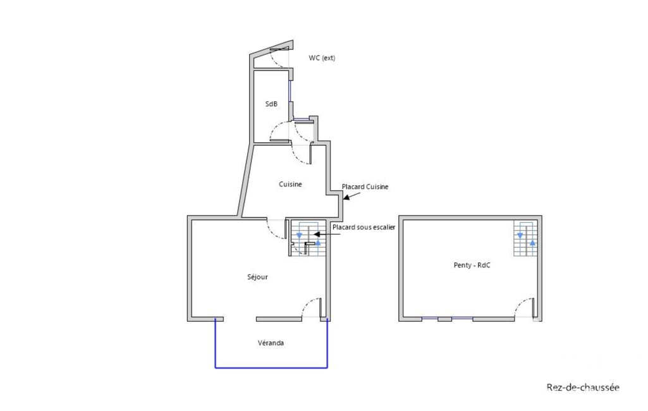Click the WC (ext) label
tap(322, 58)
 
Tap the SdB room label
tap(271, 104)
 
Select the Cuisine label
tap(290, 185)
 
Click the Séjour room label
tap(257, 277)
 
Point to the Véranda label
tap(271, 343)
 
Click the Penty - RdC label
tap(472, 265)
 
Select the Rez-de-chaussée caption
tap(583, 388)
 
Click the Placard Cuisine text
tap(365, 187)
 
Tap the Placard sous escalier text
tap(364, 227)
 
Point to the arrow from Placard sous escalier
tap(327, 235)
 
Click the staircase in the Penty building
tap(525, 238)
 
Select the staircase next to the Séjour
tap(307, 238)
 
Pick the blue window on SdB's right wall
tap(290, 91)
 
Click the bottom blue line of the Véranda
tap(271, 367)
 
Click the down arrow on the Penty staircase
tap(520, 235)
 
